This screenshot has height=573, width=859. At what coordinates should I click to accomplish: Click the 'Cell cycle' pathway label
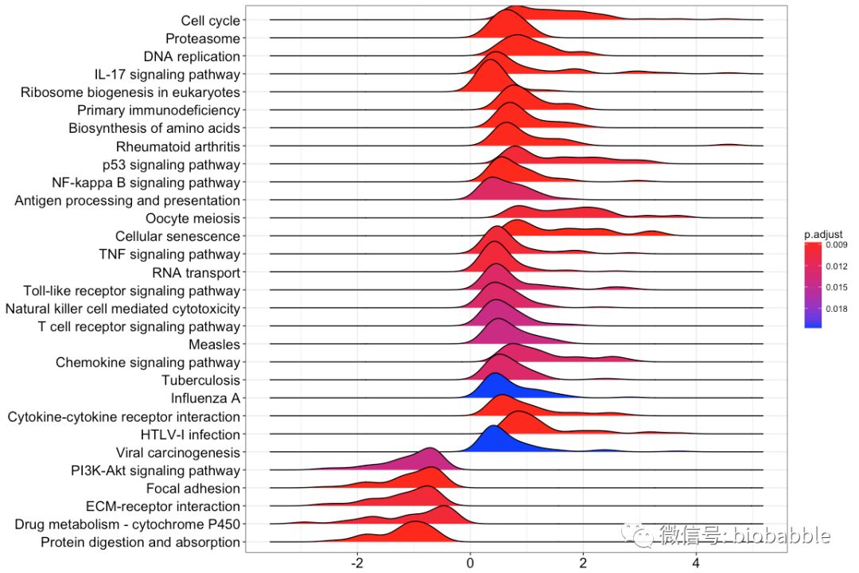(x=210, y=21)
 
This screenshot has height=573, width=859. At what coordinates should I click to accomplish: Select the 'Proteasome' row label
(x=202, y=38)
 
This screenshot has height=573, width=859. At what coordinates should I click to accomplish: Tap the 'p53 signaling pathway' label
(x=171, y=165)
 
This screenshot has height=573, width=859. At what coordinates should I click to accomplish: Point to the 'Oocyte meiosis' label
(x=192, y=219)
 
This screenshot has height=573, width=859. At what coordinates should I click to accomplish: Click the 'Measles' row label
(x=214, y=345)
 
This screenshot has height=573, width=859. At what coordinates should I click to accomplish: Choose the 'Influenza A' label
(x=205, y=398)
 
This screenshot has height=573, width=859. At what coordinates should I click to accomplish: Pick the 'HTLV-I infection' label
(x=190, y=435)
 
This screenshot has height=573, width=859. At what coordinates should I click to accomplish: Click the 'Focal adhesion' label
(x=193, y=489)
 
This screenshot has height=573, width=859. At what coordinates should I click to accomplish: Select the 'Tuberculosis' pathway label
(x=200, y=380)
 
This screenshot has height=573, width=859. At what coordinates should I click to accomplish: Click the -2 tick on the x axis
(x=357, y=561)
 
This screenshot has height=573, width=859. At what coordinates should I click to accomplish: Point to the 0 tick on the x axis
(x=470, y=561)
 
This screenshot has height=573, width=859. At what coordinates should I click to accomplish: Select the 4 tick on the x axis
(x=696, y=561)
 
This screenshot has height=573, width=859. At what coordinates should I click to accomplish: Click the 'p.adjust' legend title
(x=822, y=235)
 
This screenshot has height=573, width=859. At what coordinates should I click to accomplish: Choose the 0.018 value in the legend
(x=836, y=310)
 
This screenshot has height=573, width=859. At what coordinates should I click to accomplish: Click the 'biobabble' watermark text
(x=783, y=536)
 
